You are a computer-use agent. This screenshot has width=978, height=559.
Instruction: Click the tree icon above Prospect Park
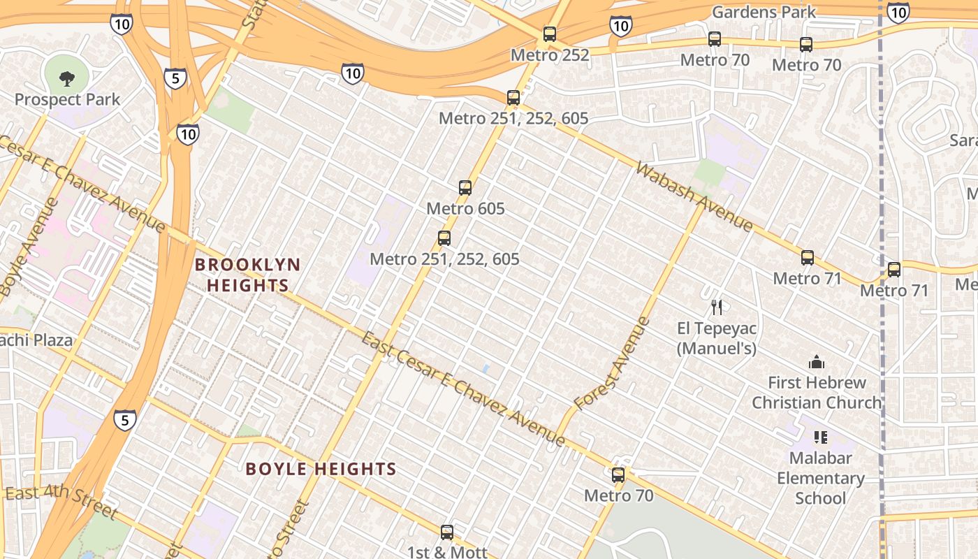67,78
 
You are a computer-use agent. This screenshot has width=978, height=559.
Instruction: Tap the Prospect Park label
67,99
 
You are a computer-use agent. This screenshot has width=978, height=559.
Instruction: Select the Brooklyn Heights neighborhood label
247,275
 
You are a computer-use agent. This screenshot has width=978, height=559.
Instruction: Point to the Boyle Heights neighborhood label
321,468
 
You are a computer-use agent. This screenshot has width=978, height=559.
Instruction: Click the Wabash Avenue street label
694,196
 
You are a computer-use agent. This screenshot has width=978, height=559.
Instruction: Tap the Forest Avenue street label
613,364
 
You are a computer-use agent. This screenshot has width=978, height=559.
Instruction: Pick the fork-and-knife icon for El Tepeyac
716,307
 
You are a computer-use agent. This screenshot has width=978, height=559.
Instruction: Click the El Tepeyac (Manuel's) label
716,337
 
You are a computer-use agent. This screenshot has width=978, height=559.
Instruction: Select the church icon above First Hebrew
816,362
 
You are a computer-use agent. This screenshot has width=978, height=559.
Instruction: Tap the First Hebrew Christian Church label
817,393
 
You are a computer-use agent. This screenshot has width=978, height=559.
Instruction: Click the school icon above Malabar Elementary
821,437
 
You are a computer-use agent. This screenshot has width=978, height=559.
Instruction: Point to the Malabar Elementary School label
821,478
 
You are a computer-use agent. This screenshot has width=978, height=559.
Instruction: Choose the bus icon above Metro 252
550,34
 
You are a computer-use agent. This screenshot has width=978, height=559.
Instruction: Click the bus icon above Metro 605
465,187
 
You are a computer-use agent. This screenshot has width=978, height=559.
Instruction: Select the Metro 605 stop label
465,208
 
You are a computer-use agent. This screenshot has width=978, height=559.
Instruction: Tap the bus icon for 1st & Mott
447,532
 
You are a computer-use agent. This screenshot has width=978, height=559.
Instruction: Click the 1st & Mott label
447,552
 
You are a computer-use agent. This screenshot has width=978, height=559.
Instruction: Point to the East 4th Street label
61,502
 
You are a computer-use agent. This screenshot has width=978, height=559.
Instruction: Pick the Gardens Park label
764,12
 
